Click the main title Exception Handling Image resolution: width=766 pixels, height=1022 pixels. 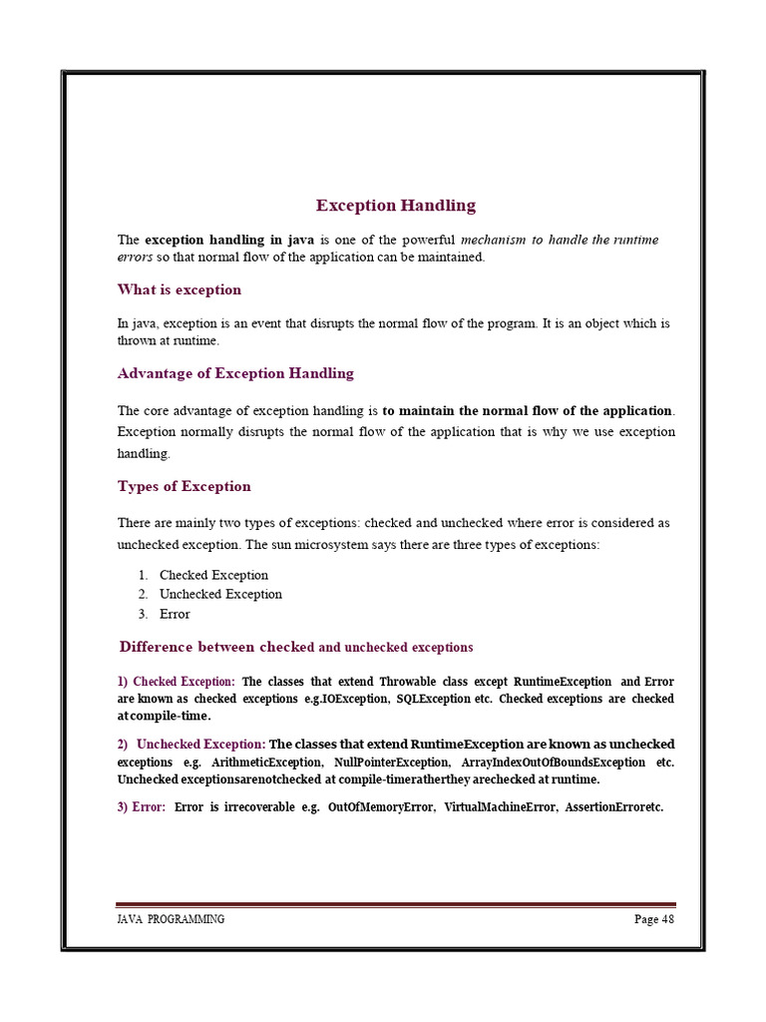tap(396, 206)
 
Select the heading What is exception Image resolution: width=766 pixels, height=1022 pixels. tap(180, 289)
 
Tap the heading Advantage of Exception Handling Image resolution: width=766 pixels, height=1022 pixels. tap(235, 373)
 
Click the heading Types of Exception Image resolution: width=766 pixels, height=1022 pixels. tap(185, 486)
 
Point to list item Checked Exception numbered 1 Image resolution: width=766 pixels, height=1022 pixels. tap(213, 575)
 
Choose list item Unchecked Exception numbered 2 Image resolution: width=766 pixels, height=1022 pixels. tap(220, 594)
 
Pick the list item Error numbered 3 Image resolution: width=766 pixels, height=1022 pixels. tap(175, 614)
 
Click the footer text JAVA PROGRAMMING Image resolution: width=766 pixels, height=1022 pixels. tap(171, 919)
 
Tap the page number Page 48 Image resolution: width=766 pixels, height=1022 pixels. tap(654, 919)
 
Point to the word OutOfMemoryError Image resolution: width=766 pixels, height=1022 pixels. tap(381, 807)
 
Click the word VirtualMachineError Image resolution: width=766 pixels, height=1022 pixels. tap(499, 807)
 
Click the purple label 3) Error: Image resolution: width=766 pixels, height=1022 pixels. tap(142, 807)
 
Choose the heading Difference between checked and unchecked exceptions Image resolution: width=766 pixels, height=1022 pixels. tap(296, 647)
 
